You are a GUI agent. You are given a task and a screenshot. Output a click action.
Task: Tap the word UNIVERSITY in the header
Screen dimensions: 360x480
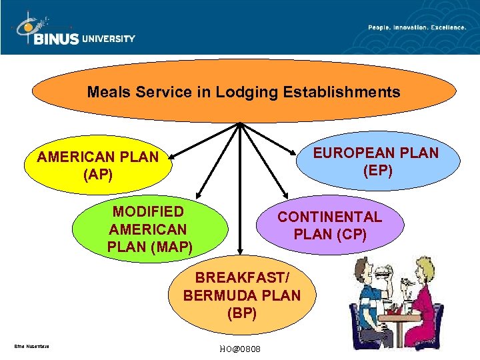tap(109, 39)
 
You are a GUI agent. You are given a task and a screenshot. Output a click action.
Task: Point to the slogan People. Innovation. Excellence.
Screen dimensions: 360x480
tap(417, 27)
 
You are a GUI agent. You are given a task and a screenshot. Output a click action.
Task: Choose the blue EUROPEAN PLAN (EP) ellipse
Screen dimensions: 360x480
tap(377, 162)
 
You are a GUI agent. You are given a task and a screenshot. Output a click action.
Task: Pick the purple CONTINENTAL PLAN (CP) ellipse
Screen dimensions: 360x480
tap(330, 225)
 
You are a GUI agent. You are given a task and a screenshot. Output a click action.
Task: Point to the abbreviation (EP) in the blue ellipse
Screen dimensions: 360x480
tap(377, 171)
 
